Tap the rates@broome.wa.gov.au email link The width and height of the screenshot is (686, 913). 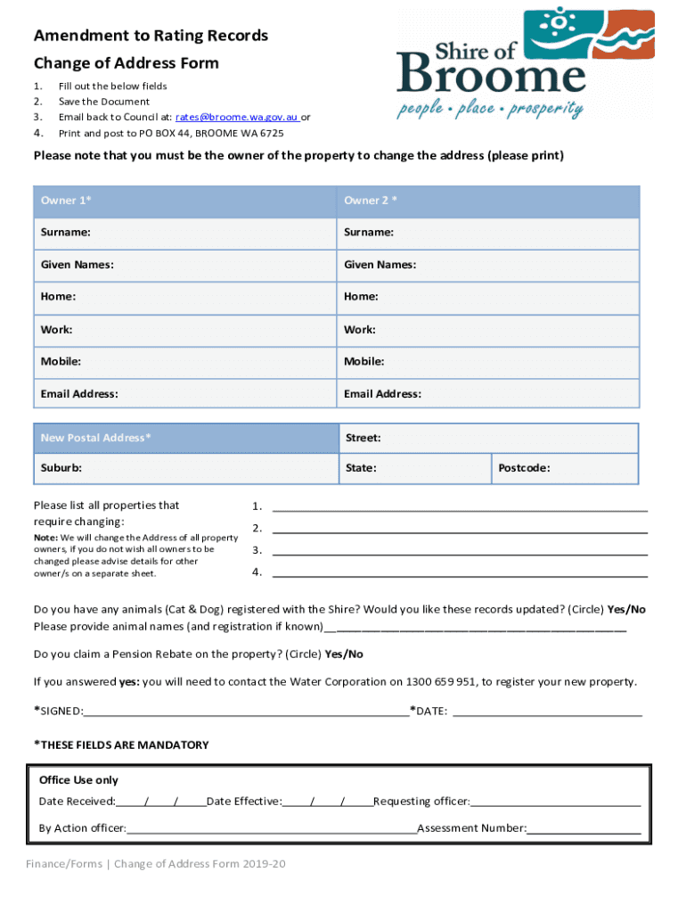(x=236, y=117)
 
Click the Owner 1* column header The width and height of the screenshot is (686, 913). (x=185, y=201)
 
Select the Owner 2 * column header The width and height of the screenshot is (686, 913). (x=488, y=201)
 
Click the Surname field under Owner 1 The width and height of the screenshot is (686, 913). (x=185, y=233)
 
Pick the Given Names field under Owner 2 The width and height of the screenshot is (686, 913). (x=488, y=265)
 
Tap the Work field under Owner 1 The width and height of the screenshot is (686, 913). (x=185, y=330)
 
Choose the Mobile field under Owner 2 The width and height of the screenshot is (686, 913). (x=488, y=362)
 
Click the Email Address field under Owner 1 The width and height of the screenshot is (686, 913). (x=185, y=394)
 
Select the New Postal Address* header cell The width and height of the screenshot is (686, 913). (x=185, y=438)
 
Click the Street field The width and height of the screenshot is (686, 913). (x=488, y=438)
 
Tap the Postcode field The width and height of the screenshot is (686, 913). (x=565, y=468)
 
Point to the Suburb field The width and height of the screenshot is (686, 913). (x=185, y=468)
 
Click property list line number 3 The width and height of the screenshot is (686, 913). (x=459, y=553)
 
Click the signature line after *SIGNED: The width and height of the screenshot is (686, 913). (x=246, y=712)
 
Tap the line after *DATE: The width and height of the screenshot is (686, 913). (x=547, y=712)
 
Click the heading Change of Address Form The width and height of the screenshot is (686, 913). (x=126, y=63)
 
